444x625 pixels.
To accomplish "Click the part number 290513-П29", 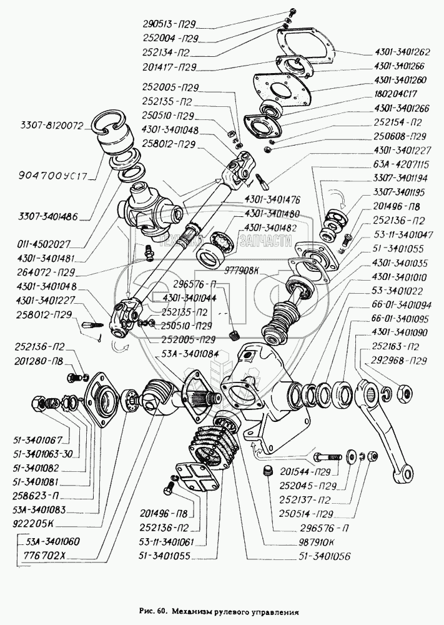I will pos(168,26).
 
